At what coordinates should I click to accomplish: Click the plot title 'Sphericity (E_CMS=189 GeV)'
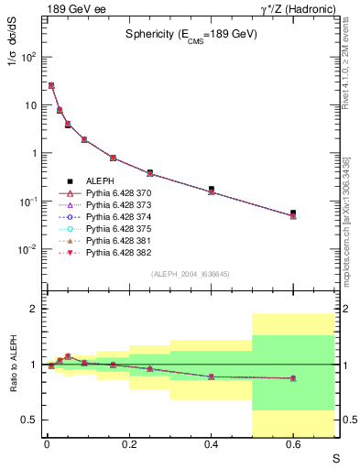point(191,34)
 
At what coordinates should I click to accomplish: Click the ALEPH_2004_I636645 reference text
point(191,274)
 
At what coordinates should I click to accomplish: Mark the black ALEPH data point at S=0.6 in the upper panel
point(293,213)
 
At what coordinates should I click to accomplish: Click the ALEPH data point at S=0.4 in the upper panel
point(211,189)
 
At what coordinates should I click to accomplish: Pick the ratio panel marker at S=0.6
point(293,378)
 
